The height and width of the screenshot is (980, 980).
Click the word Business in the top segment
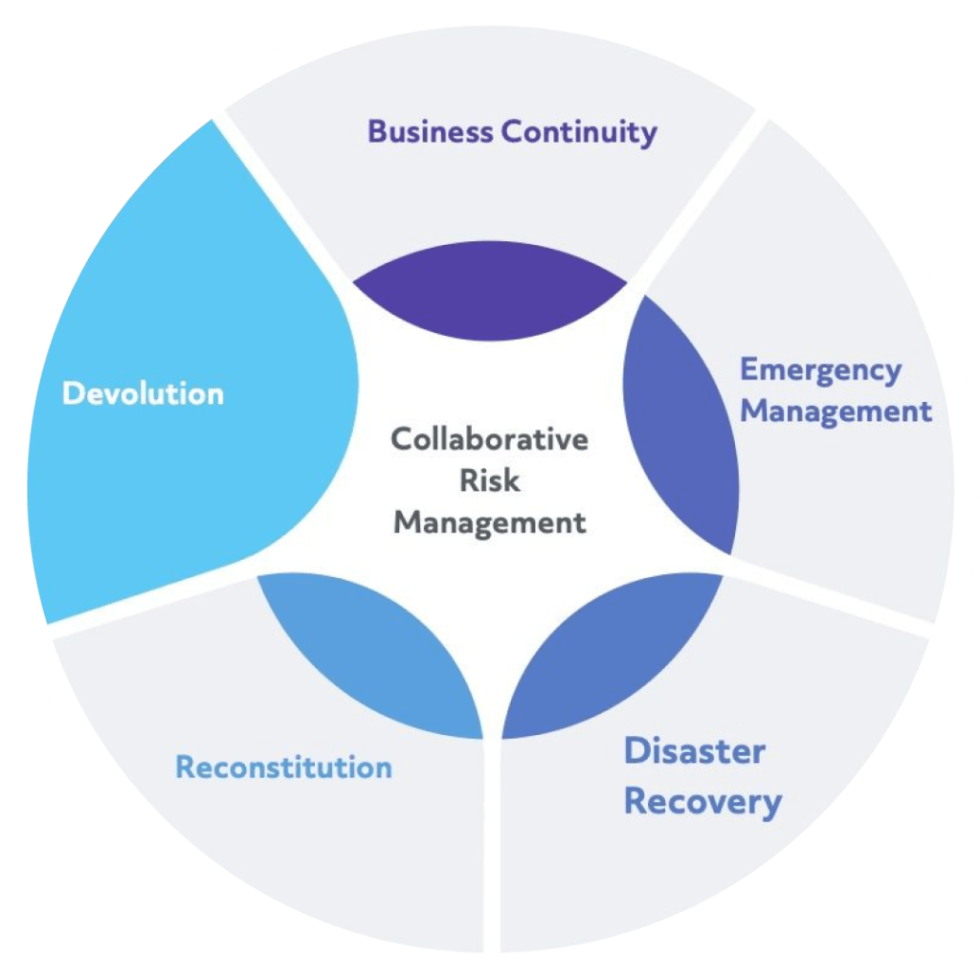point(431,131)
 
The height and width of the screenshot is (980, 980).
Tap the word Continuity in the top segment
point(580,132)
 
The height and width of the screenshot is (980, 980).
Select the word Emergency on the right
point(821,370)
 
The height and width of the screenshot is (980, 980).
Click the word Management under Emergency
point(836,412)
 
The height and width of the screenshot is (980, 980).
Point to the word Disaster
point(694,751)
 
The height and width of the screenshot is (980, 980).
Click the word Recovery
point(702,802)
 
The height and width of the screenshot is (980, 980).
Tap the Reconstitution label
point(283,768)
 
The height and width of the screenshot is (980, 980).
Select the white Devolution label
point(143,393)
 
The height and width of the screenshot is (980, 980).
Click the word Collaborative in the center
point(489,440)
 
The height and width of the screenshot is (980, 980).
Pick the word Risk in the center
point(489,481)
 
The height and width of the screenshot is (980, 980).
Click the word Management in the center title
point(489,523)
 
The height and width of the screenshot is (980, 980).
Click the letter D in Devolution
point(72,393)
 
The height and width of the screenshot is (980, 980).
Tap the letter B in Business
point(377,131)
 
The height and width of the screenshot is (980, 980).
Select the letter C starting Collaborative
point(401,440)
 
